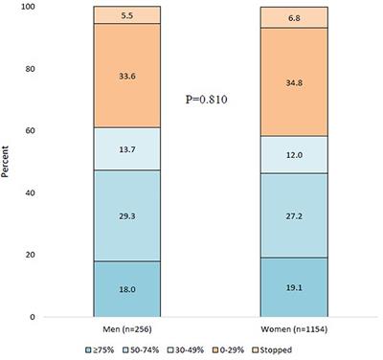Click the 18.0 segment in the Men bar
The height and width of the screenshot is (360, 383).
click(126, 288)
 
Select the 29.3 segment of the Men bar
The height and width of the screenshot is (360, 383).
click(126, 215)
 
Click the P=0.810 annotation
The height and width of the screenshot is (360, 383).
click(211, 98)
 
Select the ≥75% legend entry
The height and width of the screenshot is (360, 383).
click(101, 352)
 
